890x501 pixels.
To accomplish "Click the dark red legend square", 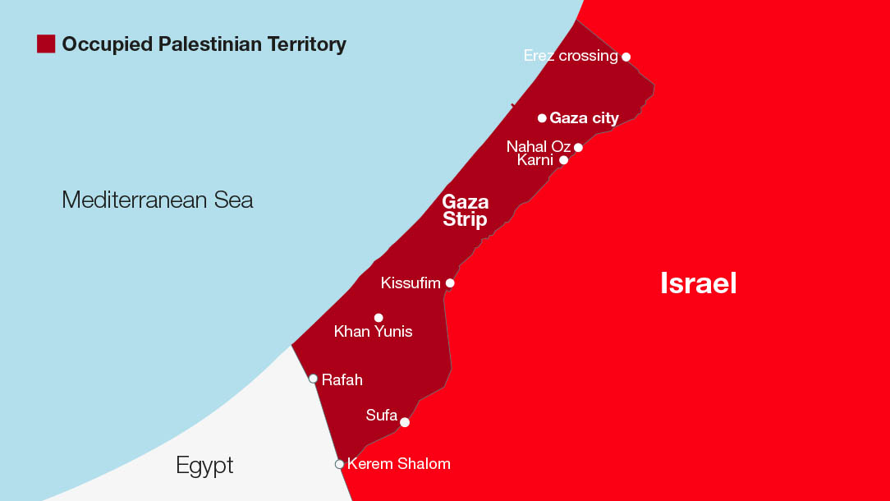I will [x=46, y=44].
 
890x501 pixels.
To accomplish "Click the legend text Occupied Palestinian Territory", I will [x=204, y=44].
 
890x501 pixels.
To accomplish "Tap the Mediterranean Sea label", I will [x=158, y=200].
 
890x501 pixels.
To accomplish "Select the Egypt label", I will [x=204, y=466].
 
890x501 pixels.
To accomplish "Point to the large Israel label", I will [x=698, y=283].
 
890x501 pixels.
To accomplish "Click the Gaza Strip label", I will [x=465, y=210].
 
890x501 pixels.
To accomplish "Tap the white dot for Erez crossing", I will [x=626, y=57].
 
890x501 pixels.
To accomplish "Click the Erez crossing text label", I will [x=570, y=56].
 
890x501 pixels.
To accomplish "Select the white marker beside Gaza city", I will [x=542, y=118].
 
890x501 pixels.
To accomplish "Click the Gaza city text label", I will [x=584, y=118].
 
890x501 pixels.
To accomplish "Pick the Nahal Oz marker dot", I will [x=578, y=148].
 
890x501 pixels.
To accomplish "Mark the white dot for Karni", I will [x=563, y=160].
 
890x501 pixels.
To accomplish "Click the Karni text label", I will [x=535, y=160].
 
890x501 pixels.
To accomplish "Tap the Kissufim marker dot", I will [x=450, y=283].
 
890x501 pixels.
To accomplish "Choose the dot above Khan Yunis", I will [x=378, y=317].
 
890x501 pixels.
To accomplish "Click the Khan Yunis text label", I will [x=373, y=332].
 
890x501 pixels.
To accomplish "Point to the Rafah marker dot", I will [x=313, y=379].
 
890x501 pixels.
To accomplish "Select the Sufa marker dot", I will [x=405, y=423].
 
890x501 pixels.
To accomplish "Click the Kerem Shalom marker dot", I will [x=339, y=464].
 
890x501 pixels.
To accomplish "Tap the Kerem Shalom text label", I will [x=398, y=464].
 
